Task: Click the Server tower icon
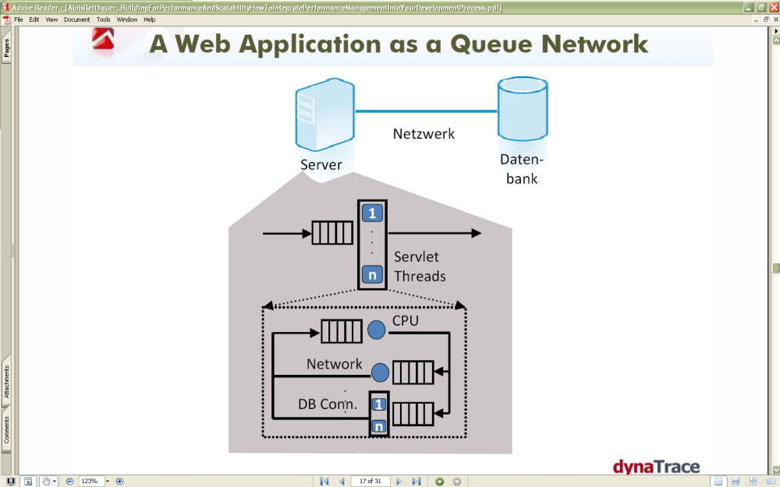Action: coord(324,115)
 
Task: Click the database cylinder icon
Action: coord(523,109)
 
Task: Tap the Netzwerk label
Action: coord(424,134)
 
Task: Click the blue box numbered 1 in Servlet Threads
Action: coord(372,214)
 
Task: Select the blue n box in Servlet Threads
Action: coord(372,274)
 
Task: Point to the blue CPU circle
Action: coord(376,330)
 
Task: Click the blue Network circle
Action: coord(380,372)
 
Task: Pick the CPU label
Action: coord(406,320)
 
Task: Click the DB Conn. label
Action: coord(328,404)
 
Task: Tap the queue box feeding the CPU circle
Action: coord(342,331)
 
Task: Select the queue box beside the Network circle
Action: coord(413,372)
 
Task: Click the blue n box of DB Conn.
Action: coord(379,426)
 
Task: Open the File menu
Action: coord(19,19)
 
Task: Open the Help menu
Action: coord(149,19)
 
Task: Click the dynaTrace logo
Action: coord(656,467)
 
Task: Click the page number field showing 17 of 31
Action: coord(370,481)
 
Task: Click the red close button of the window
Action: coord(774,8)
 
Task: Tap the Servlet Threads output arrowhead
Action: coord(476,233)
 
